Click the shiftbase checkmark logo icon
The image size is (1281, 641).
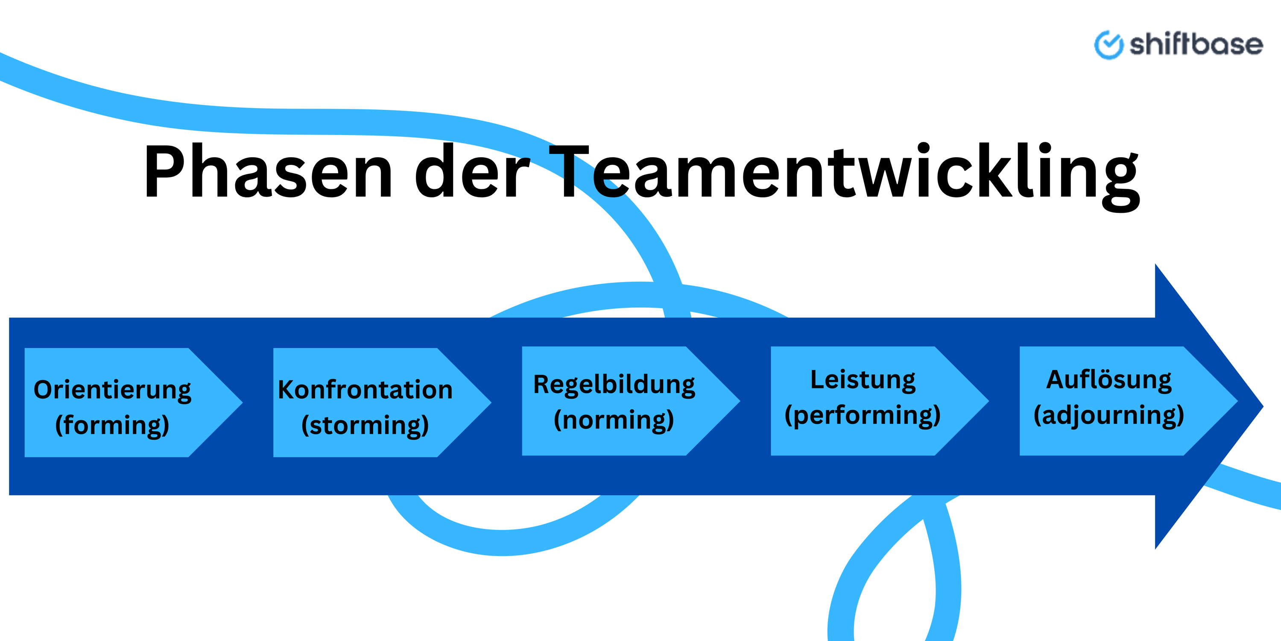point(1108,45)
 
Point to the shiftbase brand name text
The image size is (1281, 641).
point(1196,45)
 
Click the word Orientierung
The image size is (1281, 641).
point(112,390)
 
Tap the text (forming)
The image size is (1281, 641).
point(112,425)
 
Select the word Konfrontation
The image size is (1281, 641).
point(365,390)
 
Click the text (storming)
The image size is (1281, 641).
point(365,425)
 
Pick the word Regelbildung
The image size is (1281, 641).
point(614,385)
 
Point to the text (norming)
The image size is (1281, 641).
point(614,420)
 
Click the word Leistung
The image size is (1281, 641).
point(863,380)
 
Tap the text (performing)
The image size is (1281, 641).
point(863,415)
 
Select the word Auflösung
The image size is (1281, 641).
point(1109,380)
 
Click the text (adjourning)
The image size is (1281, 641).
point(1109,415)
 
